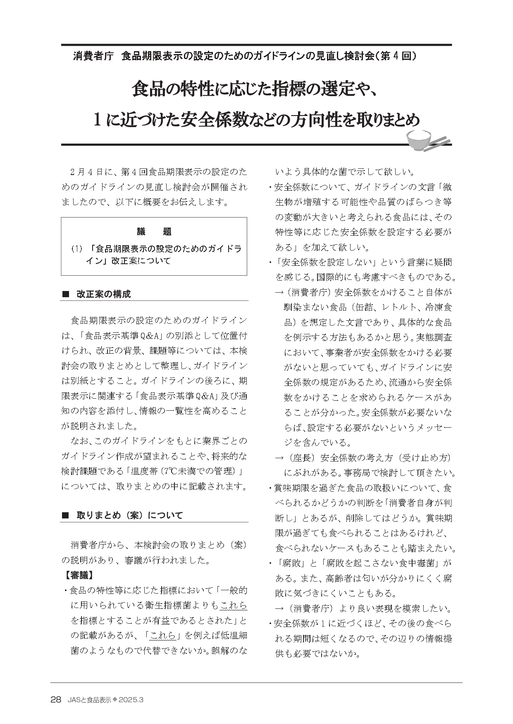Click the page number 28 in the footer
[x=56, y=700]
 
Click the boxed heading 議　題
[x=154, y=232]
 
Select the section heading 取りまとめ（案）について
[x=129, y=516]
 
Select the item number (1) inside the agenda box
[x=77, y=249]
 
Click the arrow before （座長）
[x=279, y=458]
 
